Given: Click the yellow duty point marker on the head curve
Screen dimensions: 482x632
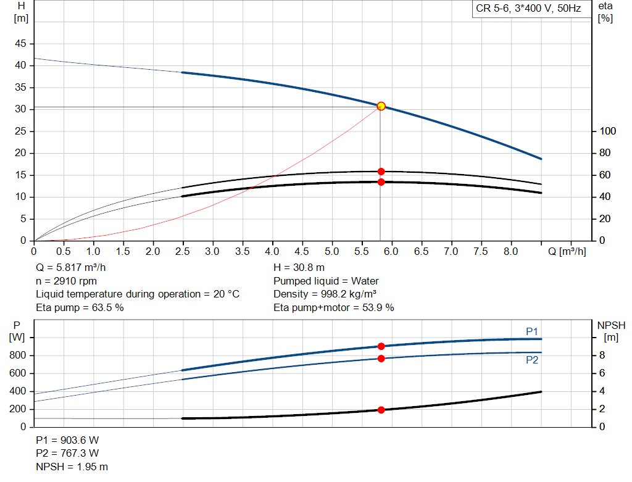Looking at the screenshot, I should pyautogui.click(x=381, y=106).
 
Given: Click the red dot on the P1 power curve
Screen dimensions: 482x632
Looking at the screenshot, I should pyautogui.click(x=381, y=346).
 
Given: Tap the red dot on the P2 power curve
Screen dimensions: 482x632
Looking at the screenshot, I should pyautogui.click(x=381, y=359).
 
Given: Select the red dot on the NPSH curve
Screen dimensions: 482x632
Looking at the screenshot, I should pyautogui.click(x=381, y=410).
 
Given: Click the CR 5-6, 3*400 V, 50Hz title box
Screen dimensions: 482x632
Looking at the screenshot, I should pyautogui.click(x=529, y=9).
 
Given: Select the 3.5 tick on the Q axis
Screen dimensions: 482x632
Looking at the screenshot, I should pyautogui.click(x=243, y=252).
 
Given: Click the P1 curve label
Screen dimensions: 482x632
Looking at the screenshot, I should pyautogui.click(x=532, y=332).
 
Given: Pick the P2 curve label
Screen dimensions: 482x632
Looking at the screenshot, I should pyautogui.click(x=532, y=360).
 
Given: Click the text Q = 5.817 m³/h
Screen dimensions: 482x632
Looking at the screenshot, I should pyautogui.click(x=75, y=268).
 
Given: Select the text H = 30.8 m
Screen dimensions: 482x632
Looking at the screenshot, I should pyautogui.click(x=299, y=268).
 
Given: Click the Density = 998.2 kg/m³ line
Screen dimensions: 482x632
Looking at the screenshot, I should pyautogui.click(x=325, y=294).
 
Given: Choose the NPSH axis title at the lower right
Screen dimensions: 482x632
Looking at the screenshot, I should pyautogui.click(x=611, y=331).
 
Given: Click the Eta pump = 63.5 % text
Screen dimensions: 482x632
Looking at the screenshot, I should pyautogui.click(x=80, y=307).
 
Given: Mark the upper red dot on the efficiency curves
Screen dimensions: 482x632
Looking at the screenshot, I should pyautogui.click(x=381, y=172).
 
